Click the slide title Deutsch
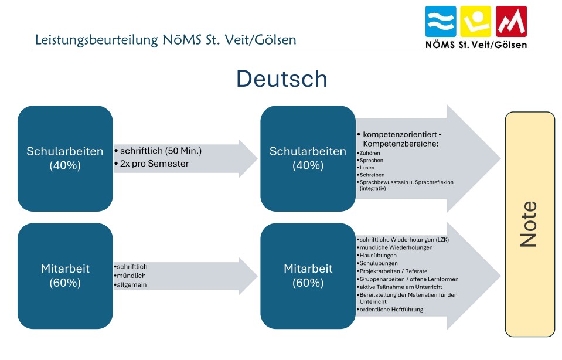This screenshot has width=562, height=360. click(281, 79)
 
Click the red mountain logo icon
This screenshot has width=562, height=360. click(511, 22)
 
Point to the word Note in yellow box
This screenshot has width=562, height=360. click(529, 224)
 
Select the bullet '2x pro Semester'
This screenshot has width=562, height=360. click(154, 164)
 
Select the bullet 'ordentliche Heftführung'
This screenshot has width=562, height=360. click(391, 310)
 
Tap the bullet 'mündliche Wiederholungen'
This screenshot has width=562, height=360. click(396, 247)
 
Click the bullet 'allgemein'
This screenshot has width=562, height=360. click(131, 284)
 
